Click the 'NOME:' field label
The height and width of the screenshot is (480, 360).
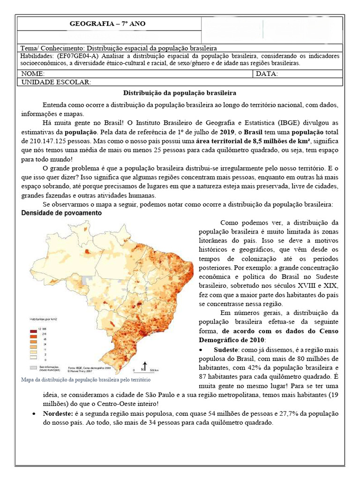[x=33, y=74]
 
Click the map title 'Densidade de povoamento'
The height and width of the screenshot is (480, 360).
[x=62, y=213]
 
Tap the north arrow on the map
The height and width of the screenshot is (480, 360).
[x=145, y=365]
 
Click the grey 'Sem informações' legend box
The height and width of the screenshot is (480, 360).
[x=32, y=355]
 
